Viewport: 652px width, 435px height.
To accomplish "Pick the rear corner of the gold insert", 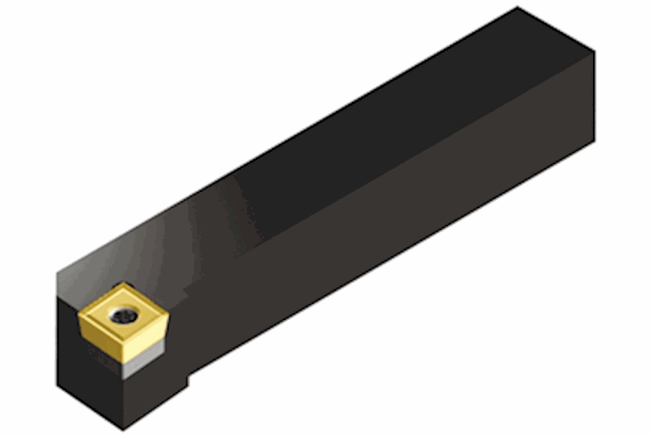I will [x=121, y=285].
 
